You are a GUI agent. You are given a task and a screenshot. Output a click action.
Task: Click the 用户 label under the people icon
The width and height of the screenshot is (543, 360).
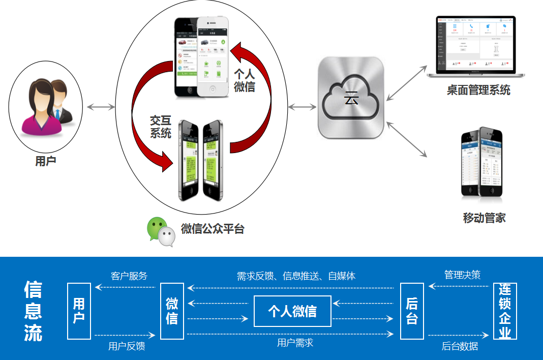[46, 162]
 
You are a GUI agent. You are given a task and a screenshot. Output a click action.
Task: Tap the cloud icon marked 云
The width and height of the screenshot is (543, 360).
[350, 97]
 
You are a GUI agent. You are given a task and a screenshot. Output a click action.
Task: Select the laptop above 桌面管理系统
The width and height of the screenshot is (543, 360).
[476, 47]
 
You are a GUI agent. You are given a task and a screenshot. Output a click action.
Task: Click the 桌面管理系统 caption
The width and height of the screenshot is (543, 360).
[478, 91]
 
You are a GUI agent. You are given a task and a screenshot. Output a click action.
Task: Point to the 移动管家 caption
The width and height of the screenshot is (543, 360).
[484, 218]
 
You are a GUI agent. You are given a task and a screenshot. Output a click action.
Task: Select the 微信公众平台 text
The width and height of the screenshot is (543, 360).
[213, 229]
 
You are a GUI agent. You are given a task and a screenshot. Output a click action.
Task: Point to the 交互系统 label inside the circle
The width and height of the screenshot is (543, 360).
[161, 127]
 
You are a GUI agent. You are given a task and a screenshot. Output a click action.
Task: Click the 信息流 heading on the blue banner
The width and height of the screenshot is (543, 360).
[33, 311]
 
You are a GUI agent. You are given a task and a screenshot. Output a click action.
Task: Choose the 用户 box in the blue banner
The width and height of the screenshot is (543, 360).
[79, 311]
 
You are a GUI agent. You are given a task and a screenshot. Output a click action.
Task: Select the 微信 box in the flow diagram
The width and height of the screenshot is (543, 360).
[172, 311]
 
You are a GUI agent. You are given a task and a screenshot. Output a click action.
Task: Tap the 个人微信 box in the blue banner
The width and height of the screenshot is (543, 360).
[292, 311]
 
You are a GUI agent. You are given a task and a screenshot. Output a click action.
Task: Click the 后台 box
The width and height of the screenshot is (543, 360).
[412, 311]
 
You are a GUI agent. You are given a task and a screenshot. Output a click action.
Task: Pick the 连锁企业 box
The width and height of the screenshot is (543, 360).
[505, 311]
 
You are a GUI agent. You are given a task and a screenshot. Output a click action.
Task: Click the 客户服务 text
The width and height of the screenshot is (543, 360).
[129, 276]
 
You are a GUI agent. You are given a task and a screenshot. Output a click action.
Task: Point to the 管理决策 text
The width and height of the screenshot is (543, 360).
[462, 275]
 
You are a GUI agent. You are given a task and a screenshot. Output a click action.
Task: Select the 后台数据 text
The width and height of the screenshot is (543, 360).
[460, 346]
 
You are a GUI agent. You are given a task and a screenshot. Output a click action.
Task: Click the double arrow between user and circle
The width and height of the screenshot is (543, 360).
[101, 107]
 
